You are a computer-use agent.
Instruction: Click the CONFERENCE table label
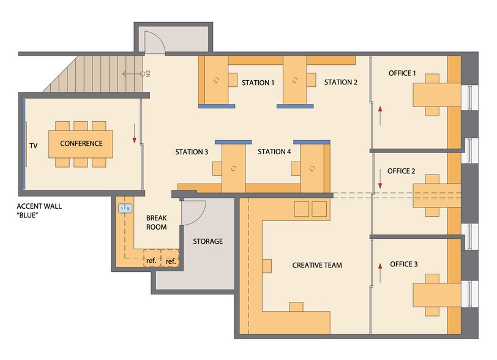coord(81,143)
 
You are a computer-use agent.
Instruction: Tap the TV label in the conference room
coord(33,146)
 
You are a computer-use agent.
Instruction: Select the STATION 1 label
coord(258,83)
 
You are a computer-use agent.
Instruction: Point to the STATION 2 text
coord(340,82)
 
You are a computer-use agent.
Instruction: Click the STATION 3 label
coord(192,152)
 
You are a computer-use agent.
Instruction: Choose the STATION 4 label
coord(274,152)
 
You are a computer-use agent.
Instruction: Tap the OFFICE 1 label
coord(402,73)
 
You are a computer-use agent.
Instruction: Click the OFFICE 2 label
coord(401,171)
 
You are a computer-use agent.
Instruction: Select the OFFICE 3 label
coord(403,264)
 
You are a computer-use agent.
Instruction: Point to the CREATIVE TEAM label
coord(317,265)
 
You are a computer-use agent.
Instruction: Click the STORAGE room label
coord(207,241)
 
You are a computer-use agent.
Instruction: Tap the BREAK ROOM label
coord(156,222)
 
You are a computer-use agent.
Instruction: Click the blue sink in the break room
coord(125,208)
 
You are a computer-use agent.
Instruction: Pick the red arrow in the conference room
coord(134,133)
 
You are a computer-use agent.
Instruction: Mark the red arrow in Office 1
coord(380,116)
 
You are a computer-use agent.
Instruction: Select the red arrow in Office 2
coord(380,179)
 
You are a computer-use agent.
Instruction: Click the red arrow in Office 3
coord(380,273)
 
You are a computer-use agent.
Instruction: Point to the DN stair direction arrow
coord(133,74)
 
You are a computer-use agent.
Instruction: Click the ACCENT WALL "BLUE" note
coord(39,211)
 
